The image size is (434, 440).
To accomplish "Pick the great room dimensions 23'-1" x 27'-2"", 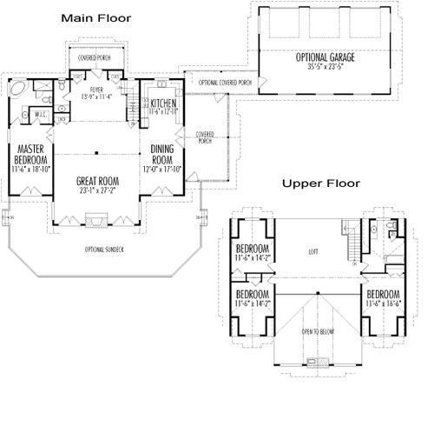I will pos(96,192).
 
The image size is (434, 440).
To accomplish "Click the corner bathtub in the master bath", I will pos(19,89).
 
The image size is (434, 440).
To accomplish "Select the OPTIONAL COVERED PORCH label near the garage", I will pos(226,83).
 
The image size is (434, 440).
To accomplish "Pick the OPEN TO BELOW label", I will pos(319,331).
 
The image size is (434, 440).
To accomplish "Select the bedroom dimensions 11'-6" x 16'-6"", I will pos(383,303).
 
